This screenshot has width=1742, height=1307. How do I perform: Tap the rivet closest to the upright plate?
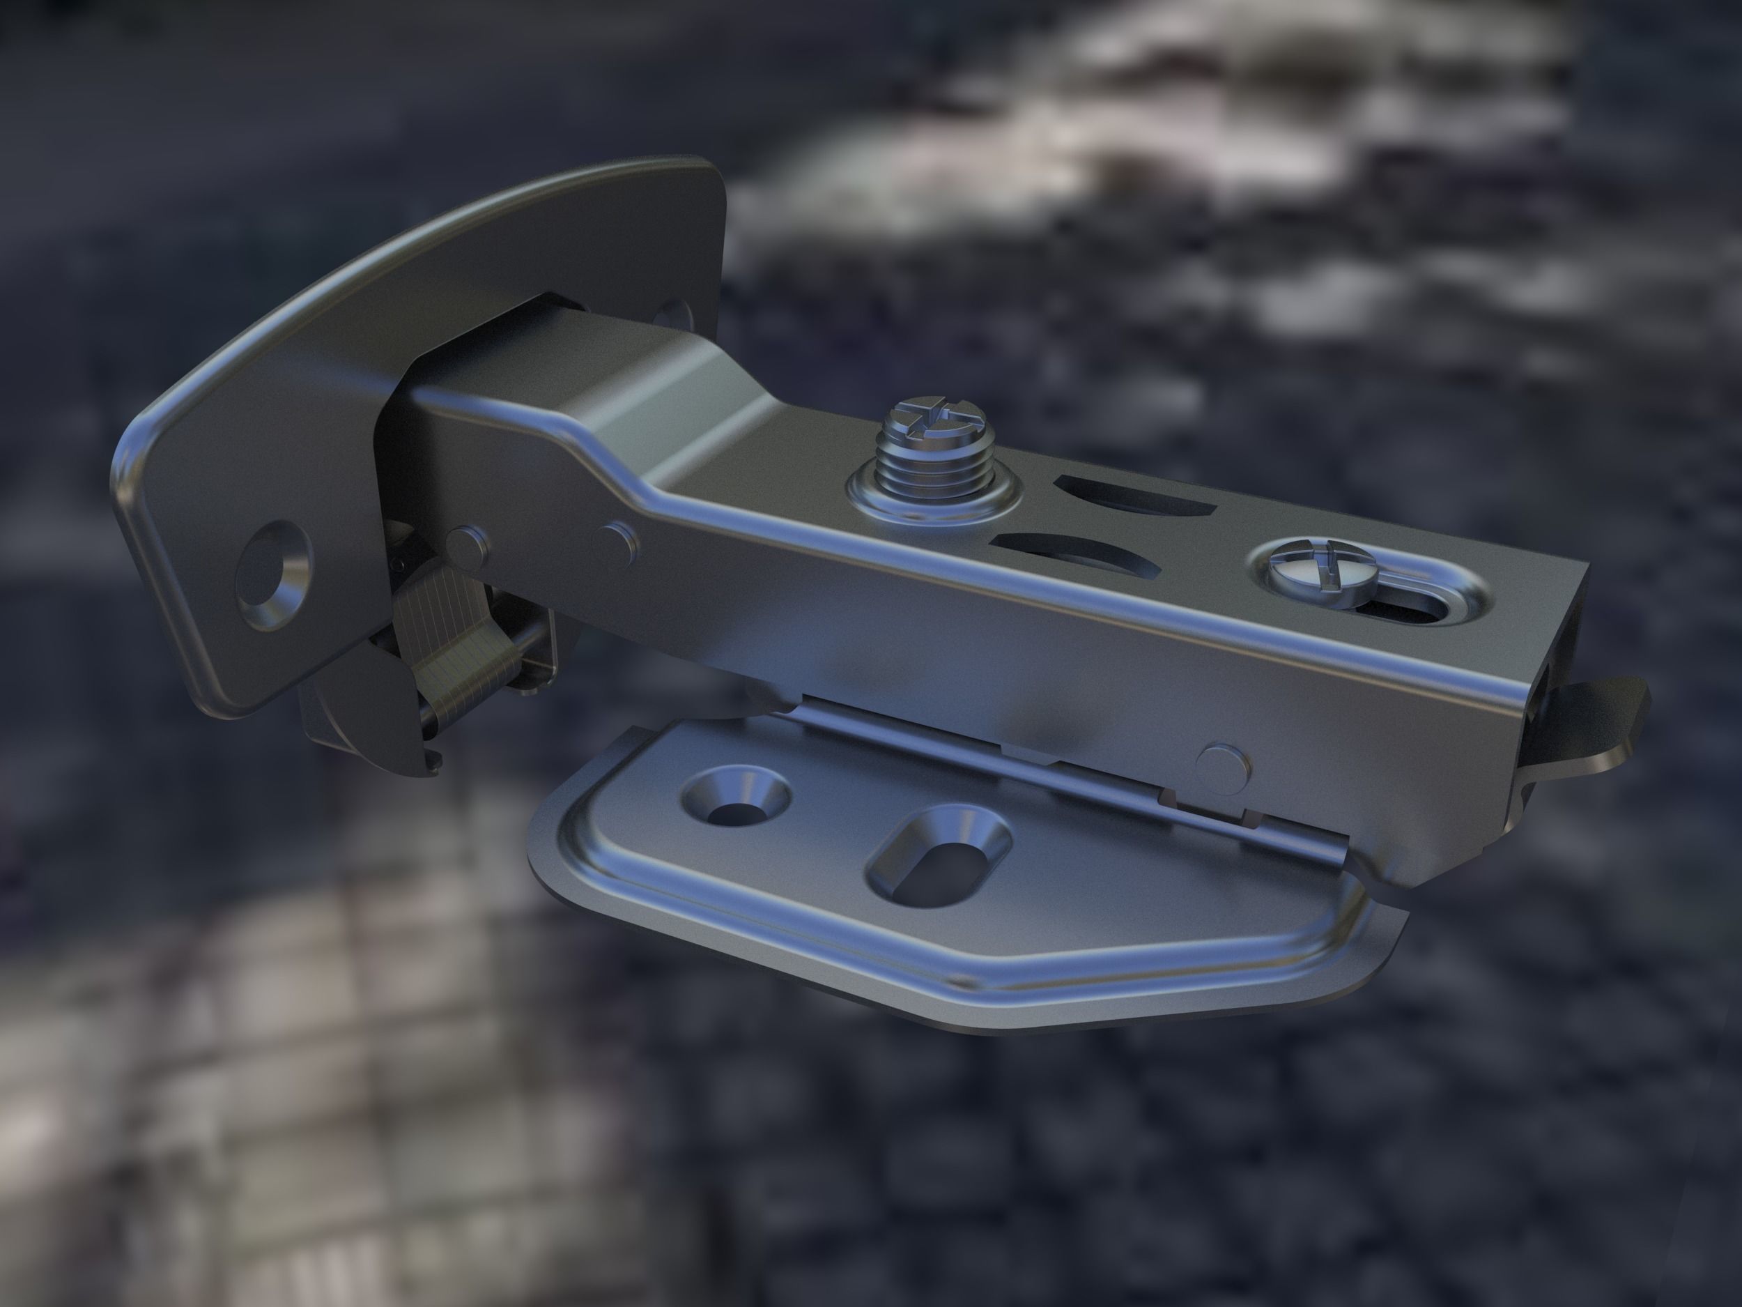pos(465,546)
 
